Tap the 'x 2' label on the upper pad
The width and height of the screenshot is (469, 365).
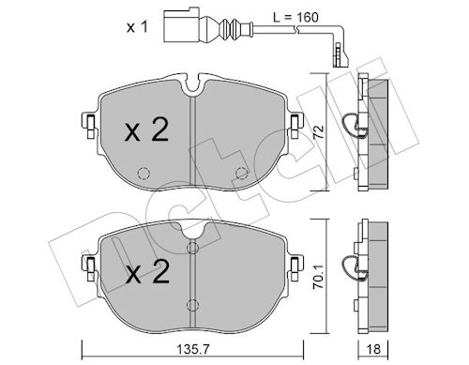point(146,130)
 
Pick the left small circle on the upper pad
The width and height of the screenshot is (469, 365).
point(144,172)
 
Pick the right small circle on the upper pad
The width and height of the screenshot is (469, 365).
point(241,172)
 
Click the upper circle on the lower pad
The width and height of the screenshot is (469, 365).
point(192,249)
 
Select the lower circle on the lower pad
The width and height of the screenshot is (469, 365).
point(192,304)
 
